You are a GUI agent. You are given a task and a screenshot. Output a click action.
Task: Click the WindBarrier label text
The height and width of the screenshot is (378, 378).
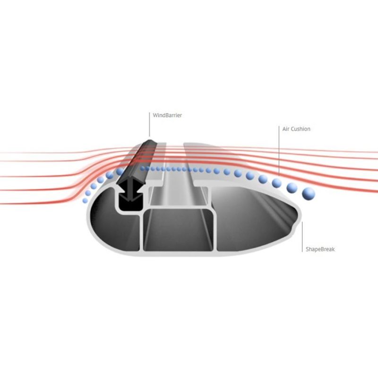(167, 115)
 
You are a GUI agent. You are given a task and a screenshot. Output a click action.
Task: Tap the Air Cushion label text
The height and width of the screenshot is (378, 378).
(296, 129)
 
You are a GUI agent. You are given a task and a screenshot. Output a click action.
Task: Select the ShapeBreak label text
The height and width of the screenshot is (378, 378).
(320, 249)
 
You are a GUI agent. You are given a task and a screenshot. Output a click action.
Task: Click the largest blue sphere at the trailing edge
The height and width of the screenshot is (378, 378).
(309, 193)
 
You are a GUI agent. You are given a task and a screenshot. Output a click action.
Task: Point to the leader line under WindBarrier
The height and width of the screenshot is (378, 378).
(149, 124)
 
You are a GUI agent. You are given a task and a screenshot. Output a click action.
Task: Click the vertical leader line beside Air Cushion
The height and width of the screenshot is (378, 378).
(279, 151)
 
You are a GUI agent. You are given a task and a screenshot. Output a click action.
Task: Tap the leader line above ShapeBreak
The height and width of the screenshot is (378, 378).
(302, 237)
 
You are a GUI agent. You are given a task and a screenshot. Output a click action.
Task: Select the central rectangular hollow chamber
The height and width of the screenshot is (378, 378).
(179, 230)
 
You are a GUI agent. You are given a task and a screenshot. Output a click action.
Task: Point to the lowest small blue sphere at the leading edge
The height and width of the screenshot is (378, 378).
(85, 200)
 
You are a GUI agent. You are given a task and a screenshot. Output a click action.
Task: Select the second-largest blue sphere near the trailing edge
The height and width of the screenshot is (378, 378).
(292, 188)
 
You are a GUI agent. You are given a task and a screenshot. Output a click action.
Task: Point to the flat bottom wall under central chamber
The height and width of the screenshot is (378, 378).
(179, 253)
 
